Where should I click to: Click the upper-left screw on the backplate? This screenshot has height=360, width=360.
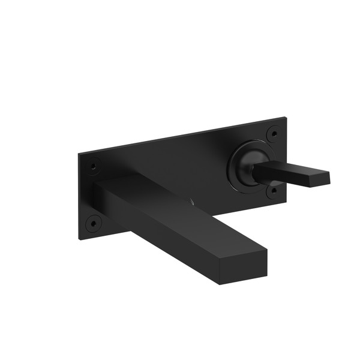coord(93,164)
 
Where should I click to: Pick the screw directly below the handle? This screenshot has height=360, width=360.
coord(274,190)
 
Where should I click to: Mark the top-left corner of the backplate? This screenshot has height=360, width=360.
coord(79,153)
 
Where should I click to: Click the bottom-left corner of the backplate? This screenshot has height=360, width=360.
coord(79,238)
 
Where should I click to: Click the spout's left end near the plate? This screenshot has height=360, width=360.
coord(98,192)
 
